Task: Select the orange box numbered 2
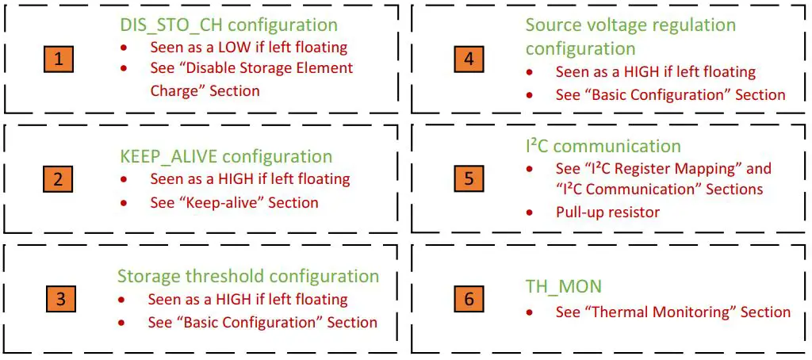pos(58,178)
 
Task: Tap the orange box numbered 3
pos(60,300)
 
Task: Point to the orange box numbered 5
pos(469,178)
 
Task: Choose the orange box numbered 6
pos(469,300)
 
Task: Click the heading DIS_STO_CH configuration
pos(224,25)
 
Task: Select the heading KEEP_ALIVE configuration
pos(220,156)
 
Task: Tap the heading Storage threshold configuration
pos(248,277)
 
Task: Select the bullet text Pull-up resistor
pos(607,212)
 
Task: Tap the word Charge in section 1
pos(174,90)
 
